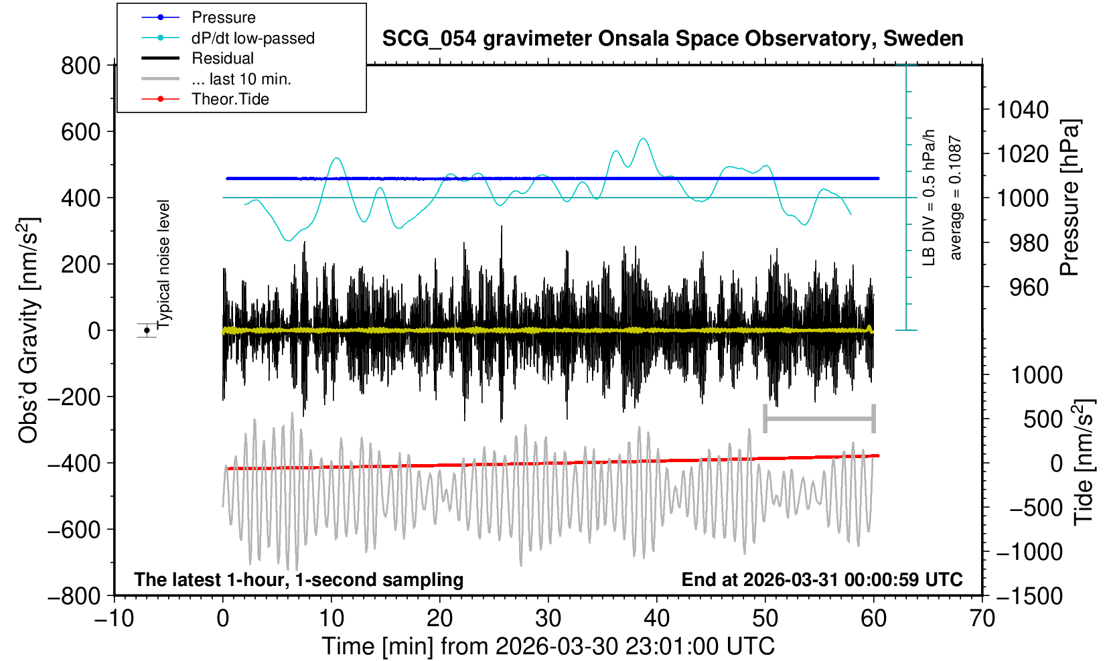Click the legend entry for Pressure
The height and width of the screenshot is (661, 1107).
coord(223,17)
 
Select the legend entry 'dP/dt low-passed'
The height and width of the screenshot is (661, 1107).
coord(252,38)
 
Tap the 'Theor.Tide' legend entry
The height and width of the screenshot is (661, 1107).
coord(230,99)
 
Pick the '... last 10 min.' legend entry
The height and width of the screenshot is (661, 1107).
coord(241,79)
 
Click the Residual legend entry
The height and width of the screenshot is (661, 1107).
coord(222,58)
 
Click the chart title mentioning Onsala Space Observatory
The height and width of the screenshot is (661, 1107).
coord(672,39)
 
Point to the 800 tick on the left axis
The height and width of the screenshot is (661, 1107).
coord(80,66)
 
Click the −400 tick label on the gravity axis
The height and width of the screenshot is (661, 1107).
coord(74,463)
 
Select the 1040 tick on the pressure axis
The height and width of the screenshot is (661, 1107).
coord(1023,109)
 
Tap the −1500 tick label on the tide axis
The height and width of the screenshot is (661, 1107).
coord(1029,595)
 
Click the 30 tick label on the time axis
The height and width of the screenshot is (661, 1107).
coord(548,618)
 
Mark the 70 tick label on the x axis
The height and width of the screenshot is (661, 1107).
coord(982,618)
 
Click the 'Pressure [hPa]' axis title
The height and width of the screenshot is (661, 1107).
coord(1070,198)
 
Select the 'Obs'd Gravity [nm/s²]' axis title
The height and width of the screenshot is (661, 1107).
coord(29,330)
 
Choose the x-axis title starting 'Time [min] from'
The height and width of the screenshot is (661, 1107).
coord(548,646)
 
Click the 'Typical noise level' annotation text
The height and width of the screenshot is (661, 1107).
coord(164,263)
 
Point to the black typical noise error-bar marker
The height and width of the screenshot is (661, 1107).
coord(147,330)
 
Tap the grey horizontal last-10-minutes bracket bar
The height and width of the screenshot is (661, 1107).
coord(819,419)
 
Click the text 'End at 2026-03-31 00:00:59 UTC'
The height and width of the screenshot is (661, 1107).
coord(822,580)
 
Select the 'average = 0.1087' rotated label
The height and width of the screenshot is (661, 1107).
coord(955,198)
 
